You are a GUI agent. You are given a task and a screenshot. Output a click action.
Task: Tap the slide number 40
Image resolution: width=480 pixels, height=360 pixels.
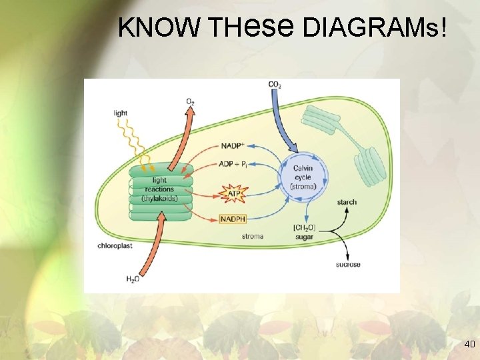pos(469,344)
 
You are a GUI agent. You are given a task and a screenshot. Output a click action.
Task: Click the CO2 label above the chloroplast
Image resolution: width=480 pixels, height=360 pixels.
pos(274,85)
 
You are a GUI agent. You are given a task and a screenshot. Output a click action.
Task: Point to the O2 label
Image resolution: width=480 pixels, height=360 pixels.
pos(191,101)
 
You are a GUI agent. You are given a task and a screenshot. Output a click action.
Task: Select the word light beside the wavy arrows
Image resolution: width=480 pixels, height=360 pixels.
pos(120,113)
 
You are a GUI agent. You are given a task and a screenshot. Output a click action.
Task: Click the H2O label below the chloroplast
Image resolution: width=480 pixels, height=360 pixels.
pos(133,279)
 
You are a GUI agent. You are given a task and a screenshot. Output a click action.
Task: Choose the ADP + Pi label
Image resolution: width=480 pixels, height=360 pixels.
pos(233,165)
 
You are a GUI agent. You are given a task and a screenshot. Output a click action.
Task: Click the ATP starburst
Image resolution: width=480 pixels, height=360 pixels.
pos(233,194)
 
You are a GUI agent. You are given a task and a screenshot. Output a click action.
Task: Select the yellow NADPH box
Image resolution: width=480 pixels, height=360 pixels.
pos(233,219)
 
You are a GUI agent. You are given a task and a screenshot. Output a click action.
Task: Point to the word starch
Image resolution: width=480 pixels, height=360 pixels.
pos(347,202)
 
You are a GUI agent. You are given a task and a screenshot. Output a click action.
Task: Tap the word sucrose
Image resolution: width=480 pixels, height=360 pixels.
pos(348,265)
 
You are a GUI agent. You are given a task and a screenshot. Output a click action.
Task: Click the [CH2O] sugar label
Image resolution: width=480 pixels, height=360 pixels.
pos(303,231)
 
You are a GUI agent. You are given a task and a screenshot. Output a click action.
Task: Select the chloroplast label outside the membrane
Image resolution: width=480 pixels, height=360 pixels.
pos(113,245)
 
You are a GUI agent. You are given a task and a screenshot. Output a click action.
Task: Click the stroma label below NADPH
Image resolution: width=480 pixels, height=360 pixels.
pos(252,237)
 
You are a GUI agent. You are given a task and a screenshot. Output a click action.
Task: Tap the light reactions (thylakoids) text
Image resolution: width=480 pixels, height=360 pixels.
pos(159,189)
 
